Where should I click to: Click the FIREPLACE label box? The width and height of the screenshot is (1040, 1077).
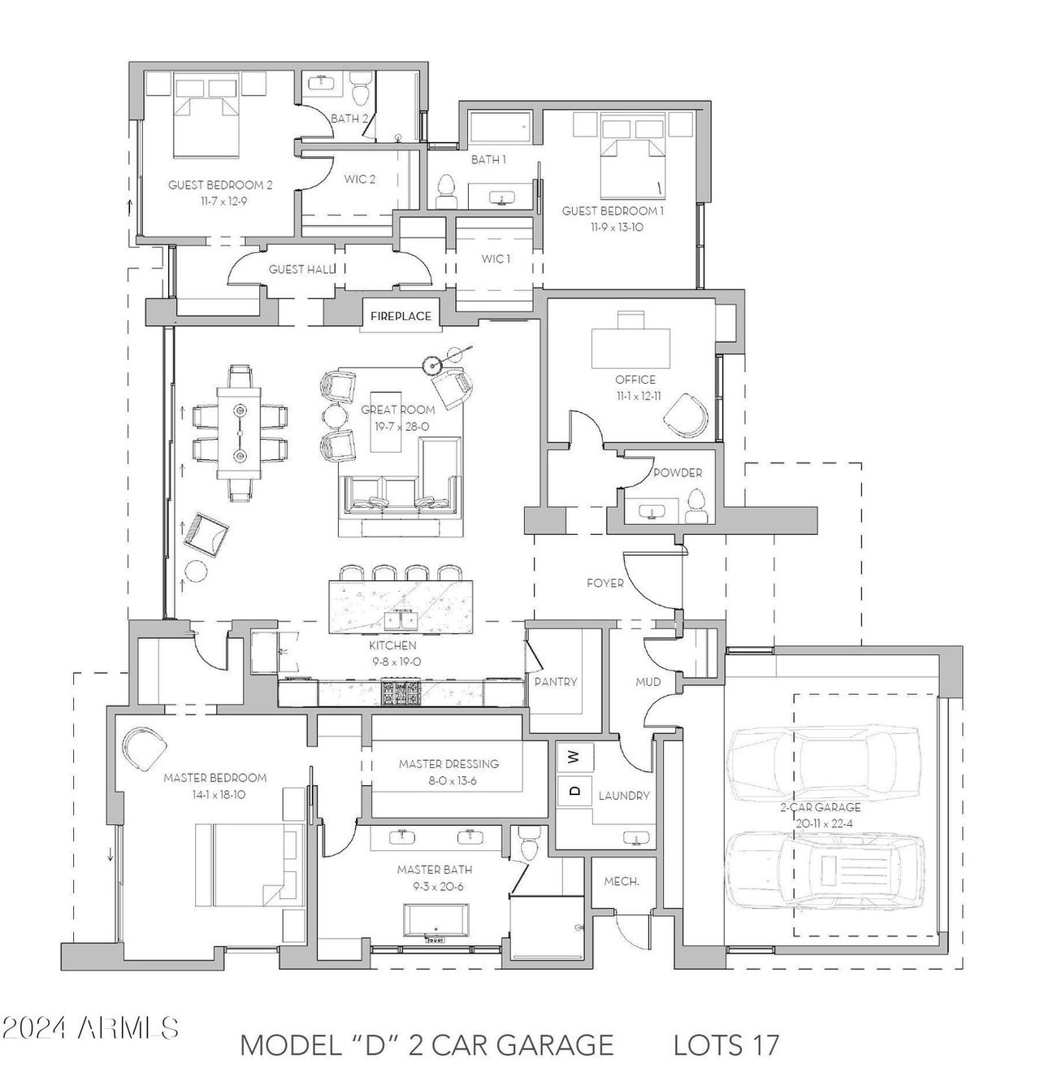tap(401, 315)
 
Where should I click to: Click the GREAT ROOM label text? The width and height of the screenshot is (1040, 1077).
tap(397, 410)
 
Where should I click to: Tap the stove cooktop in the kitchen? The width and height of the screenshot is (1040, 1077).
tap(401, 693)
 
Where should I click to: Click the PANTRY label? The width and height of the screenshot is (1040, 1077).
tap(556, 682)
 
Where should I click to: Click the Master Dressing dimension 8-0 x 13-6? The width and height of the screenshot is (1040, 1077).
tap(448, 781)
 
